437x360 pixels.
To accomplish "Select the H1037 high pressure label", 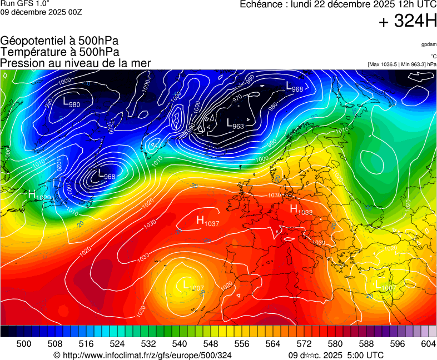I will coord(207,221).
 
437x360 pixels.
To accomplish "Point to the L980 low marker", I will coord(71,103).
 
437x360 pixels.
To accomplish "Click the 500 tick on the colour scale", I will coord(24,344).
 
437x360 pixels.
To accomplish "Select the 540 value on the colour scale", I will coord(180,344).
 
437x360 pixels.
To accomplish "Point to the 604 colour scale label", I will coord(428,344).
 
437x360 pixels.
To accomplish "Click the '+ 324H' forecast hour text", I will coord(408,21).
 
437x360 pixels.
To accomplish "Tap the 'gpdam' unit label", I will coord(429,44).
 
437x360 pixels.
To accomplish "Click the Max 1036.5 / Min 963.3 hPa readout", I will coord(402,64).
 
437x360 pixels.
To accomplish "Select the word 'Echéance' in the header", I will coord(261,4).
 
